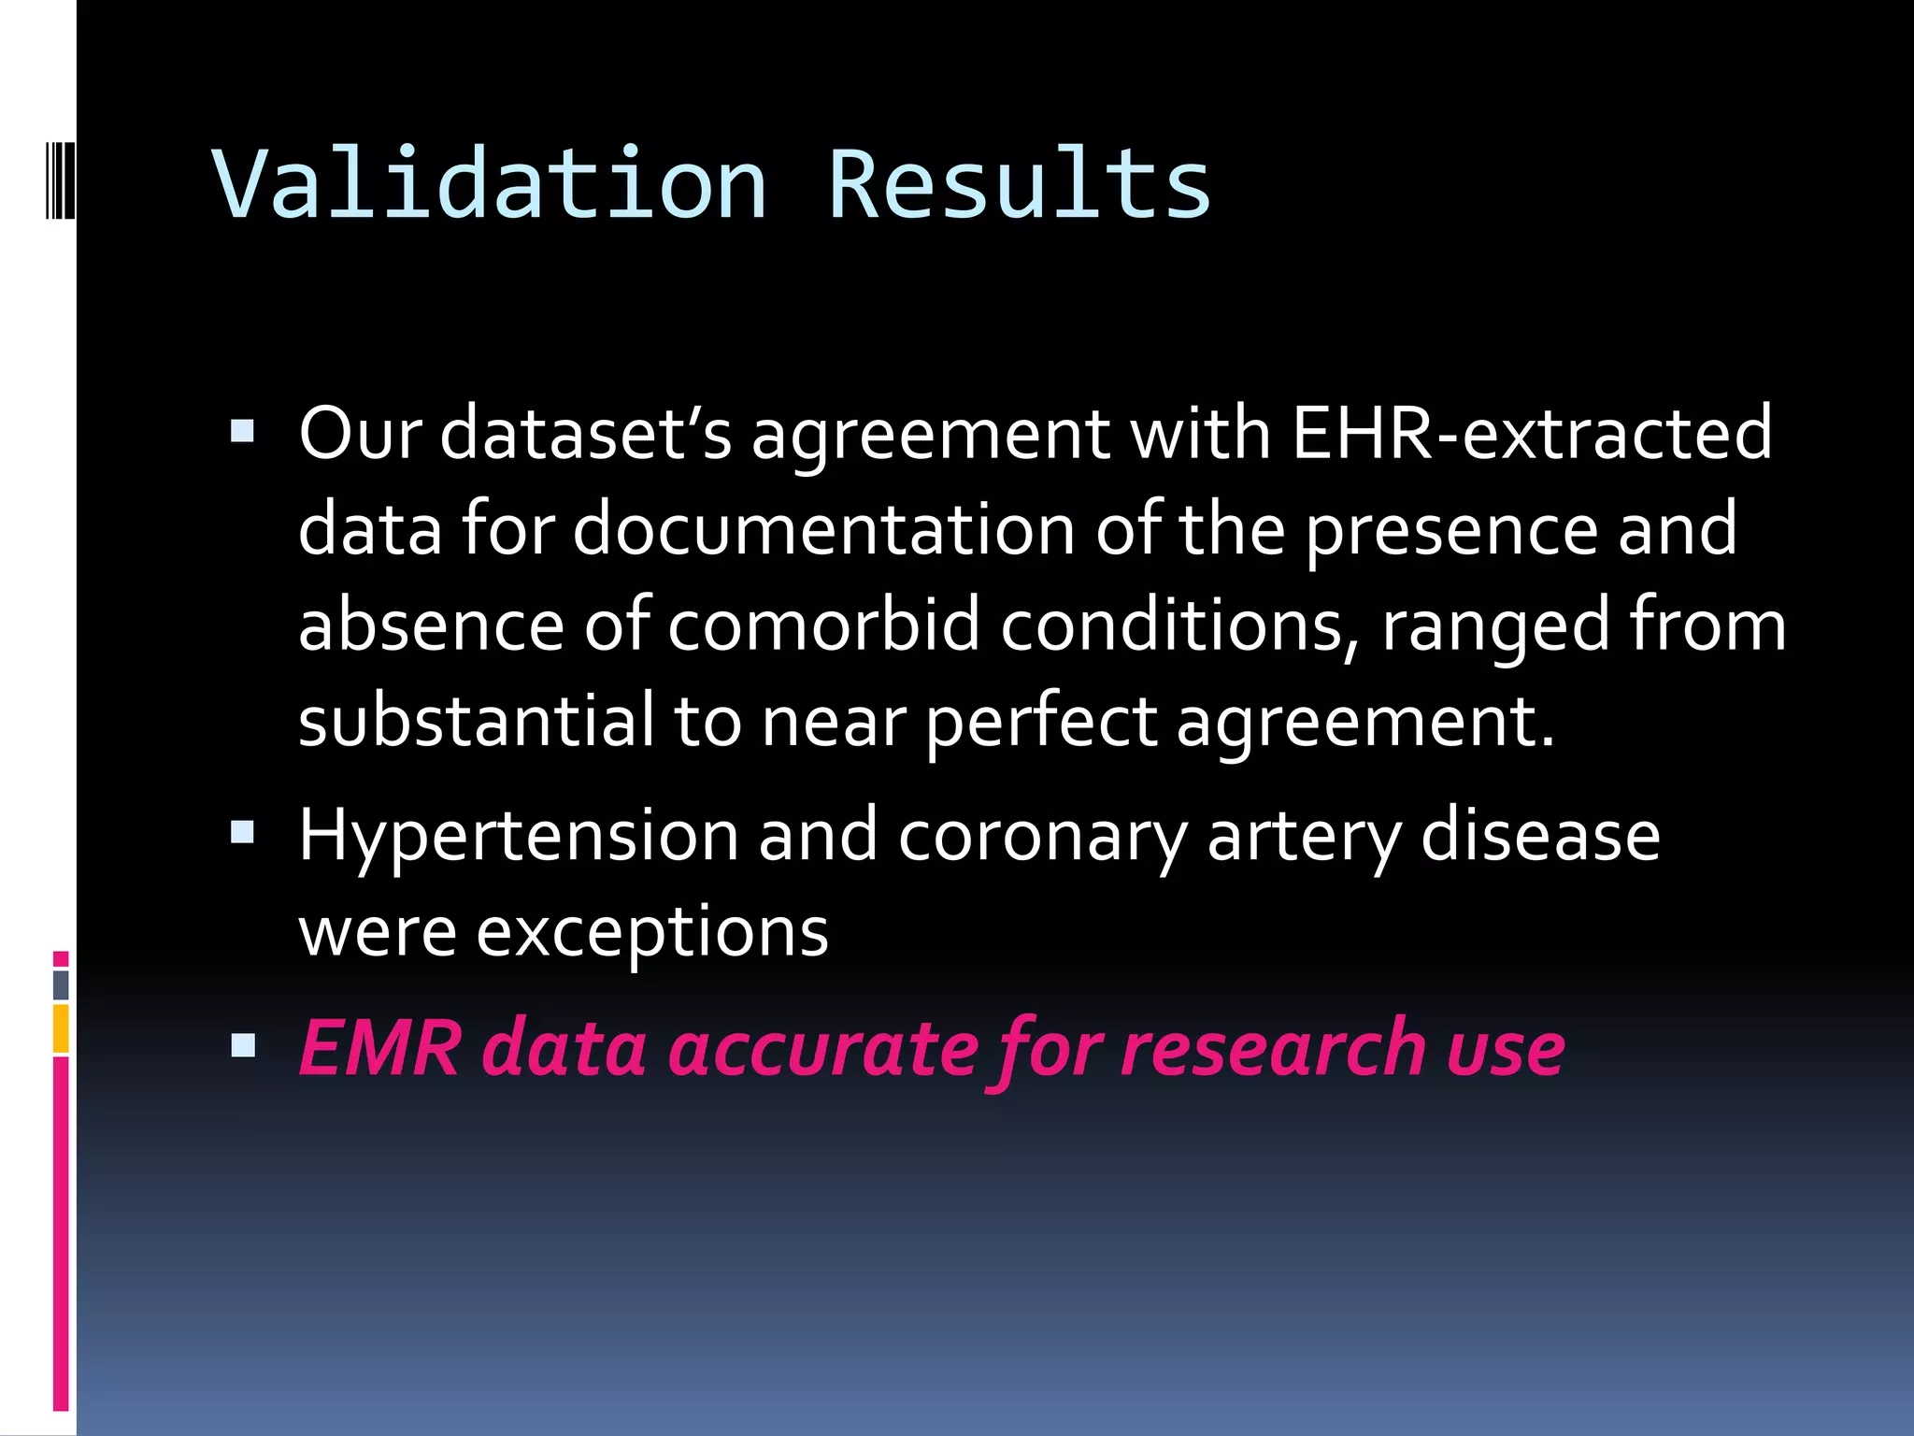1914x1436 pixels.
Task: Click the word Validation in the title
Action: click(x=490, y=184)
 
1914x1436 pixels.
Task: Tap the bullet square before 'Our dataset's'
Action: click(x=242, y=431)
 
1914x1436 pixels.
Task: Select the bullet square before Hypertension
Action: click(x=242, y=832)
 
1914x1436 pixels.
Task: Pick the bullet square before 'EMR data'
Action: click(x=242, y=1044)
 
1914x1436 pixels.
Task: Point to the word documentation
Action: click(x=823, y=530)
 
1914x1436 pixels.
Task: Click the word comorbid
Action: click(x=823, y=625)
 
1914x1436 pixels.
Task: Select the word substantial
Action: click(x=476, y=721)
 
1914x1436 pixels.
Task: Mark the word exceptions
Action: click(x=651, y=932)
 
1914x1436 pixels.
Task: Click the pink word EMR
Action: click(x=379, y=1048)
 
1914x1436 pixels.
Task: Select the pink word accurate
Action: click(x=822, y=1048)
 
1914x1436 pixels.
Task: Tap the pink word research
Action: click(x=1272, y=1048)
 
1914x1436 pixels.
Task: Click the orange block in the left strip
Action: click(x=61, y=1028)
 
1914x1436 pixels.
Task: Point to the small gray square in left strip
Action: click(x=61, y=984)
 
